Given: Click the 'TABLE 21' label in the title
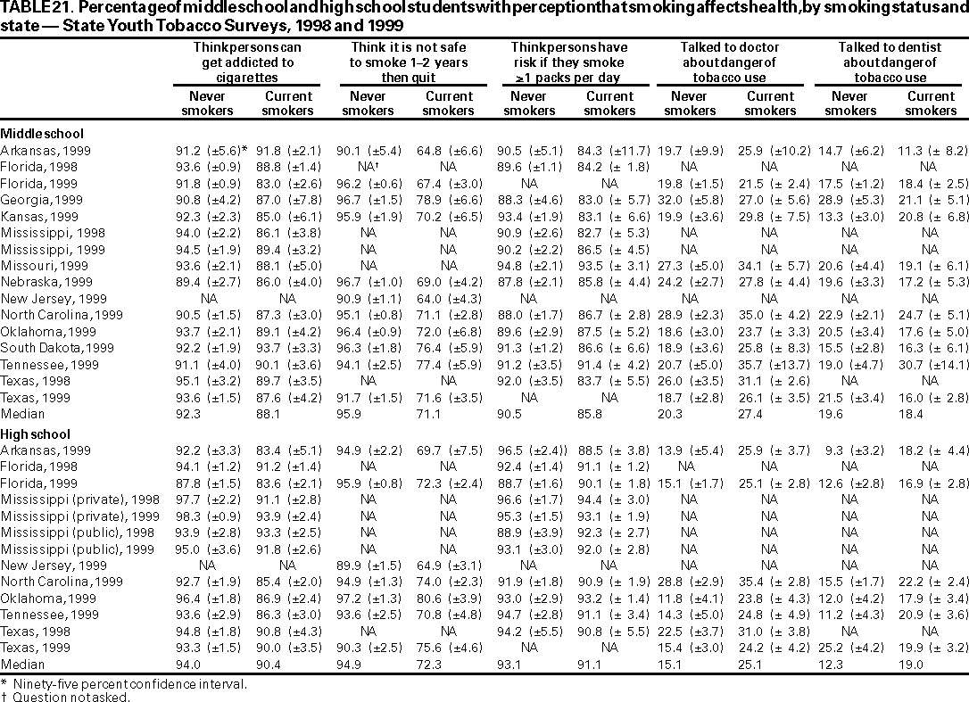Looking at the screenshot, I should point(31,10).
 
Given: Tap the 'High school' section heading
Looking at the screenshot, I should point(32,434).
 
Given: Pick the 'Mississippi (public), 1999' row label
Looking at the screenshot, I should point(77,549).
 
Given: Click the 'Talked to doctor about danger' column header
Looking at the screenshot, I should point(730,62).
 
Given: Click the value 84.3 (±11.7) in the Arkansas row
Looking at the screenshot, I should point(610,151).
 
